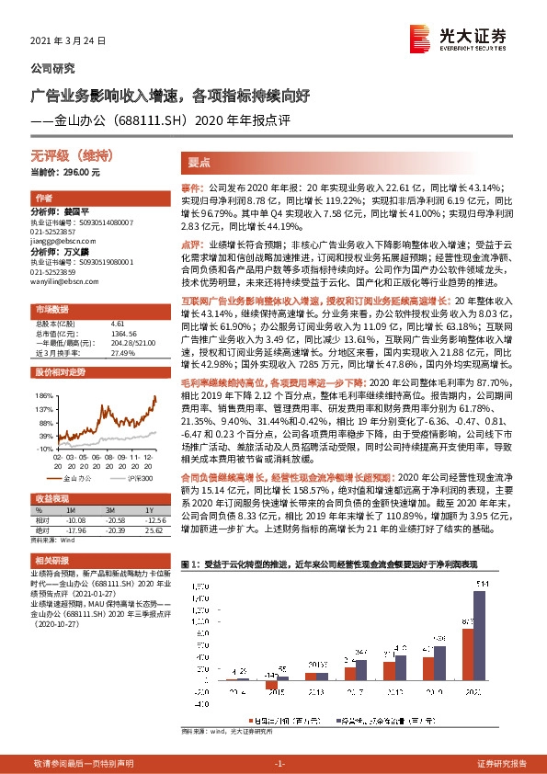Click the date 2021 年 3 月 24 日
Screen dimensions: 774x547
click(69, 42)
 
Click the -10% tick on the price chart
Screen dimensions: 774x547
click(41, 447)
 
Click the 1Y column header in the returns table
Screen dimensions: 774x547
click(147, 510)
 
